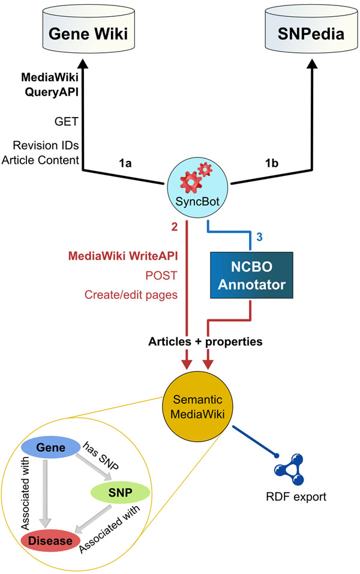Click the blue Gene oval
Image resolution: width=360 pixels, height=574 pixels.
pyautogui.click(x=50, y=449)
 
